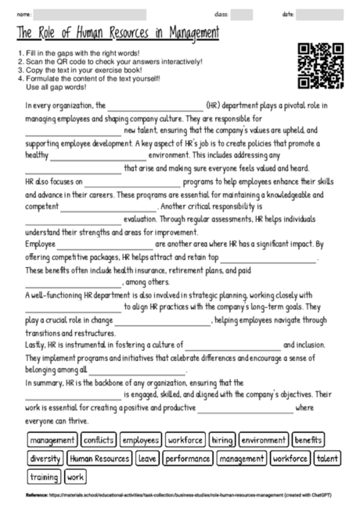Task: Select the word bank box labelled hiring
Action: click(221, 441)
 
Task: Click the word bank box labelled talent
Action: click(328, 458)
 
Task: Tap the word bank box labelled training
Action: click(44, 476)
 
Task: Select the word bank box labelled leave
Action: click(146, 458)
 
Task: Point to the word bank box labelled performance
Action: click(186, 458)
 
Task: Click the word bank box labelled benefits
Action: click(308, 441)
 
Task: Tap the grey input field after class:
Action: click(241, 14)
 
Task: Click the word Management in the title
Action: click(186, 34)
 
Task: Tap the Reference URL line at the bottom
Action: click(180, 496)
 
